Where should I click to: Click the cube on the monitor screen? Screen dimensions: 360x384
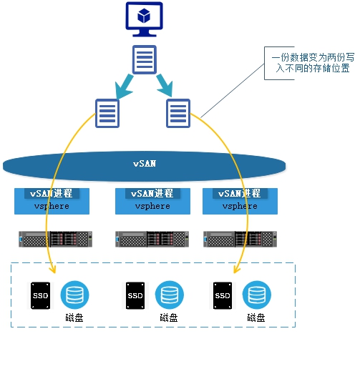[x=144, y=16]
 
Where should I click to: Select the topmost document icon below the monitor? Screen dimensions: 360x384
[x=145, y=59]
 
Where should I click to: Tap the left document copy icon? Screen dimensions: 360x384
[x=107, y=113]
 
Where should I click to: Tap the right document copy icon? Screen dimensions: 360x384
[x=178, y=113]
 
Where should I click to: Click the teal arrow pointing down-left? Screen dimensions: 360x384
[x=125, y=87]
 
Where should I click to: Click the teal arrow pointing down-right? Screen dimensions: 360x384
[x=165, y=86]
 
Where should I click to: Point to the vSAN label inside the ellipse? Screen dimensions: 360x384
[x=145, y=163]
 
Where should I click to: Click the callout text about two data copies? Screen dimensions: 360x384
[x=313, y=63]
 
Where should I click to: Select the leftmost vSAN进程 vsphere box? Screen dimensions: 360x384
[x=52, y=201]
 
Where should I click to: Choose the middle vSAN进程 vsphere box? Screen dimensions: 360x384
[x=152, y=201]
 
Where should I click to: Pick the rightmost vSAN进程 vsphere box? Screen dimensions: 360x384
[x=240, y=201]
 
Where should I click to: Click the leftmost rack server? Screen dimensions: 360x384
[x=56, y=239]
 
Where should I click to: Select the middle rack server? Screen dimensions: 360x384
[x=152, y=239]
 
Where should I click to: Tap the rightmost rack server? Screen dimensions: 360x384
[x=240, y=239]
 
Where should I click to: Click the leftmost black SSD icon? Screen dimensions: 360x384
[x=40, y=295]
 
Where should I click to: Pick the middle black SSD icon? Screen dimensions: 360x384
[x=135, y=295]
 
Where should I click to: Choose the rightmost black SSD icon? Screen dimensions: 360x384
[x=223, y=295]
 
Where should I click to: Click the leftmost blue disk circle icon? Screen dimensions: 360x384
[x=74, y=295]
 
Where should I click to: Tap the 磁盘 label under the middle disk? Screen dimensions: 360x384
[x=169, y=317]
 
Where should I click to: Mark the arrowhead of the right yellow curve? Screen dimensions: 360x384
[x=235, y=270]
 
